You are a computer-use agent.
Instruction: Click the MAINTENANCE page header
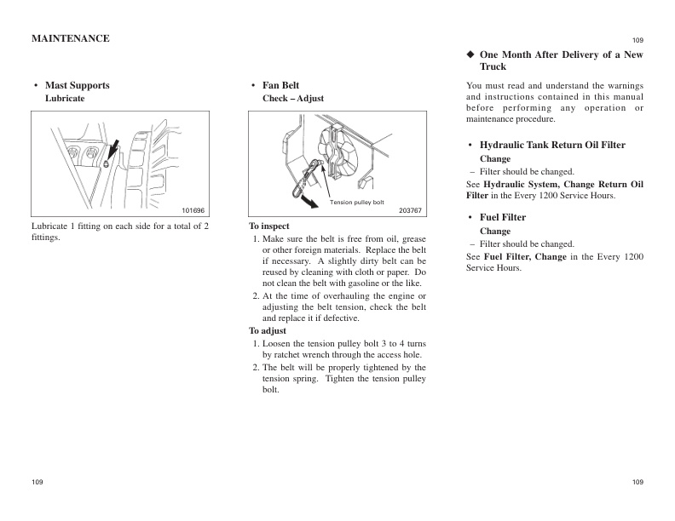(70, 38)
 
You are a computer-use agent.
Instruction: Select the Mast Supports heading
(77, 85)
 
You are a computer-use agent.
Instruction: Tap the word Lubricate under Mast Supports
(65, 99)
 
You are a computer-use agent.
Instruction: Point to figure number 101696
(193, 209)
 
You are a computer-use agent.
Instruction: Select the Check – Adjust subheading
(292, 99)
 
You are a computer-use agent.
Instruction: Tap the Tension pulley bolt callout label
(357, 203)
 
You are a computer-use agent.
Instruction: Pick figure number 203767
(410, 209)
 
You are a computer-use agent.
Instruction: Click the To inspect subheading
(269, 226)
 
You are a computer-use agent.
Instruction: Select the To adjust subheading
(268, 330)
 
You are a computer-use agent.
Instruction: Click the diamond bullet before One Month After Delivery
(470, 54)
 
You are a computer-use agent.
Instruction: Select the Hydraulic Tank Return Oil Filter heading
(552, 145)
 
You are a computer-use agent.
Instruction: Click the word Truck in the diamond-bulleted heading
(493, 66)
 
